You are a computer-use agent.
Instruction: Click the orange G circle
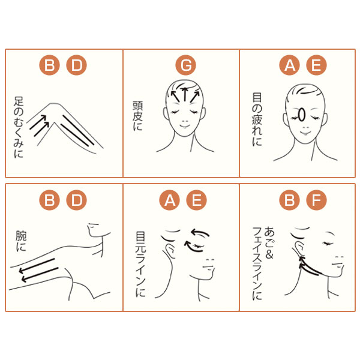[x=185, y=65]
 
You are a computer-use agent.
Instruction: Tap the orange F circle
[x=316, y=200]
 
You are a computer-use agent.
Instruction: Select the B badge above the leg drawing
[x=49, y=65]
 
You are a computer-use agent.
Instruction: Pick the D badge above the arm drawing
[x=76, y=200]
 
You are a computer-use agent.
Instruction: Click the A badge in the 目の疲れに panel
[x=289, y=65]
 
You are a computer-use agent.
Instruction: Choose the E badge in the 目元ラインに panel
[x=196, y=200]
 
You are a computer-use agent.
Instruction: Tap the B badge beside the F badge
[x=289, y=200]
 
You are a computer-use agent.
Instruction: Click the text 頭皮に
[x=138, y=116]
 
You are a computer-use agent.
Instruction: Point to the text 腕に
[x=21, y=241]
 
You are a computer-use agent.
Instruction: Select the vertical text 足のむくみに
[x=19, y=127]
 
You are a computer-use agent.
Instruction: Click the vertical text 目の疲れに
[x=257, y=119]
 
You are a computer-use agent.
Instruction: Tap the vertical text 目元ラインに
[x=140, y=264]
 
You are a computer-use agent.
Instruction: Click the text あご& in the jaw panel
[x=269, y=243]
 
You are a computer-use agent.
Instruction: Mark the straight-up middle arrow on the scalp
[x=185, y=94]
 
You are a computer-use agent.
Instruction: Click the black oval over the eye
[x=301, y=115]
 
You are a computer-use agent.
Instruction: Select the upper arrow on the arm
[x=37, y=266]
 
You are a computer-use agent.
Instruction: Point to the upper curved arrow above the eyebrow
[x=200, y=232]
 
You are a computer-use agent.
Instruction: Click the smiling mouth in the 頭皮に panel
[x=185, y=126]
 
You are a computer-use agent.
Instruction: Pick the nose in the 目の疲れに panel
[x=305, y=127]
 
